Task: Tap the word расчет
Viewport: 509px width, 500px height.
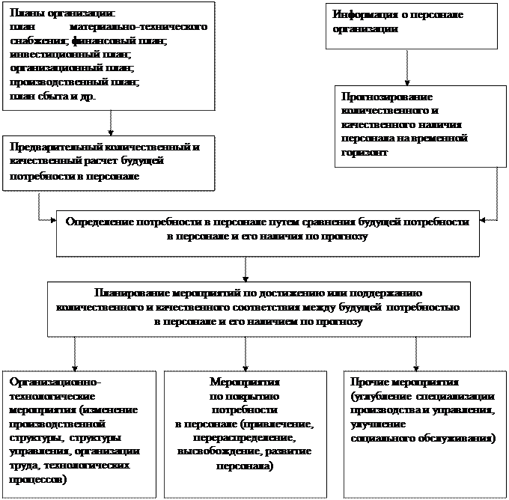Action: (110, 161)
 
